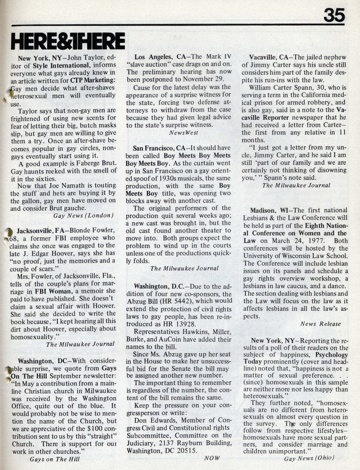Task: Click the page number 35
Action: (x=334, y=16)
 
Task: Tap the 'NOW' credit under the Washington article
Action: (x=211, y=458)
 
